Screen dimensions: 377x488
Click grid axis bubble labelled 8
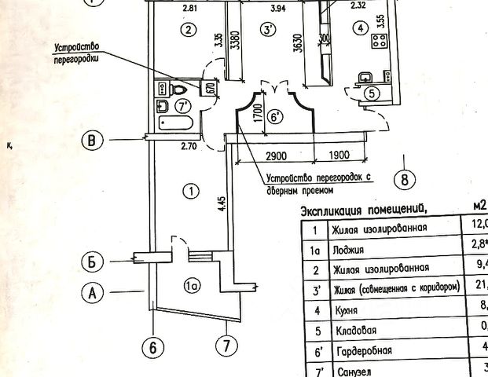tap(405, 179)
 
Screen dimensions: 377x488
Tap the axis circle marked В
tap(94, 141)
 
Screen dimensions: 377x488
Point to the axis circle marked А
tap(94, 293)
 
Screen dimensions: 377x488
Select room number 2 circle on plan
tap(186, 31)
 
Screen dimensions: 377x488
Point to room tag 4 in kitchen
tap(360, 30)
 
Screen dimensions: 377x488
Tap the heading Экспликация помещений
tap(364, 210)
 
